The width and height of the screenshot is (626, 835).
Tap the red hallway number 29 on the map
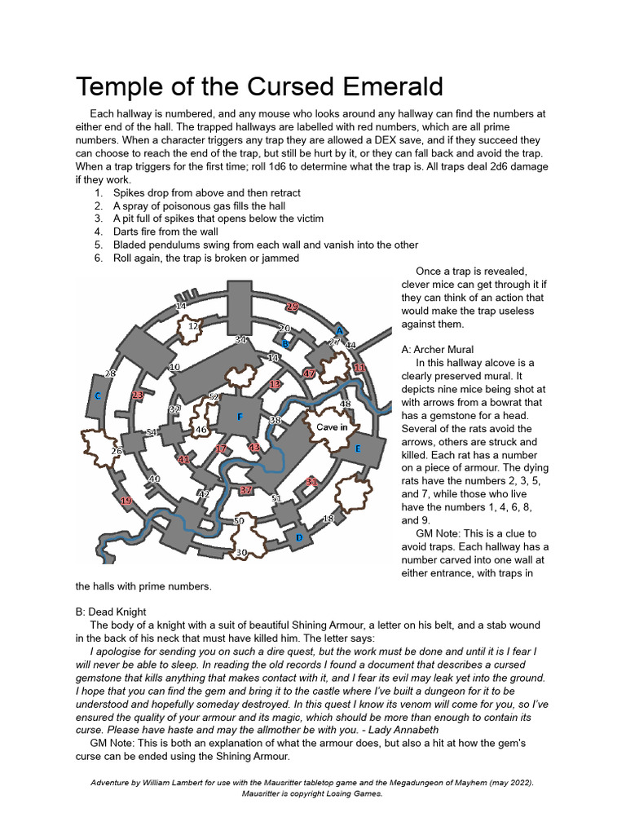click(x=292, y=307)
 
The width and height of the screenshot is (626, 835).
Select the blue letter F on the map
click(x=240, y=417)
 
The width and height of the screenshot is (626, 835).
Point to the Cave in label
click(x=332, y=426)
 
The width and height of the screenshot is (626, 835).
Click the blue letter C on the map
click(x=98, y=395)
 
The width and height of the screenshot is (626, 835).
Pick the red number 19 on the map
click(x=126, y=501)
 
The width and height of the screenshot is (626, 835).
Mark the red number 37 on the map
click(x=246, y=490)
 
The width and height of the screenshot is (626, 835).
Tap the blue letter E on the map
click(x=357, y=448)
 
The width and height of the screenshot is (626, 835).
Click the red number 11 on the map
click(x=359, y=369)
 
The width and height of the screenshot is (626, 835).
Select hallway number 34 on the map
click(x=240, y=339)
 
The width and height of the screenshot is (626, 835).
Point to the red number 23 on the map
click(x=138, y=395)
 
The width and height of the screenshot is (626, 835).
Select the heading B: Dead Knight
click(x=111, y=612)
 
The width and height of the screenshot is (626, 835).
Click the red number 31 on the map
click(x=311, y=482)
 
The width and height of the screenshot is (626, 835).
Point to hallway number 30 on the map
click(x=241, y=553)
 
